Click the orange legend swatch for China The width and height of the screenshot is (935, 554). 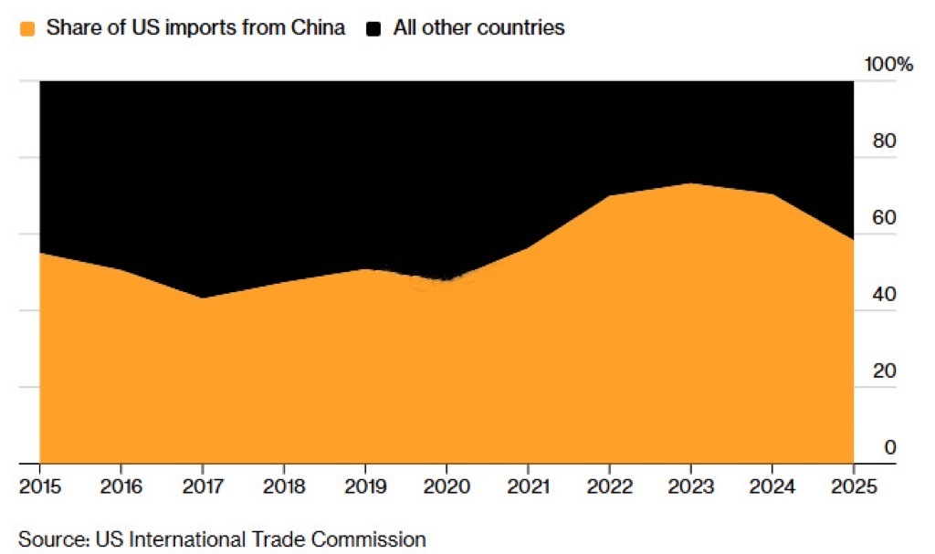pyautogui.click(x=27, y=28)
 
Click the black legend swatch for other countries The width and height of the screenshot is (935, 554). pyautogui.click(x=373, y=28)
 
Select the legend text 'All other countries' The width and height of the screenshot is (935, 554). pyautogui.click(x=478, y=28)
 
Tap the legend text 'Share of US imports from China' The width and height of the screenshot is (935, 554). pyautogui.click(x=195, y=28)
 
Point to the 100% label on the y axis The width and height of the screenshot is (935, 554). pyautogui.click(x=888, y=65)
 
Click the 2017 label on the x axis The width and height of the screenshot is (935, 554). pyautogui.click(x=202, y=486)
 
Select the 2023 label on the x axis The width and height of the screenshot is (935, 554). pyautogui.click(x=690, y=486)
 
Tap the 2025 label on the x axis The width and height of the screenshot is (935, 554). pyautogui.click(x=853, y=486)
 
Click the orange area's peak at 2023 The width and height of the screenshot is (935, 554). pyautogui.click(x=691, y=184)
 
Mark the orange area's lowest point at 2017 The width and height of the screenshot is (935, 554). pyautogui.click(x=202, y=298)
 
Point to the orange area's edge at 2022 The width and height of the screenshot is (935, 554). pyautogui.click(x=610, y=196)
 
